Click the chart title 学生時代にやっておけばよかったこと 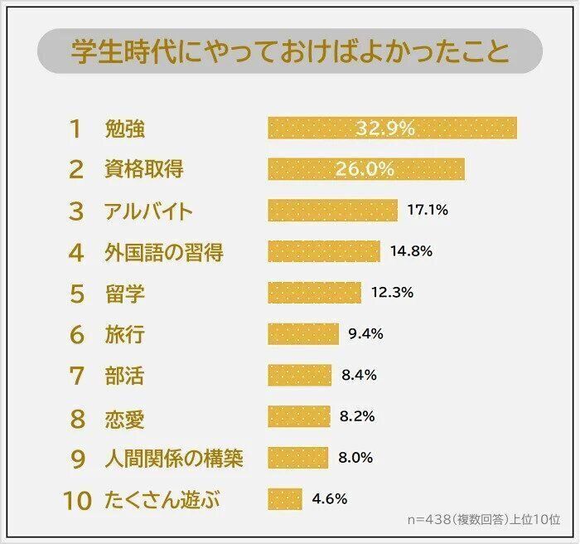[x=289, y=52]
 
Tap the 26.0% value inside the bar [x=365, y=169]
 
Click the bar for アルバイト [x=332, y=211]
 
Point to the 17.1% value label [x=428, y=211]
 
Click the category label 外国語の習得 [x=163, y=252]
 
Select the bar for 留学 [x=314, y=293]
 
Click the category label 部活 [x=124, y=376]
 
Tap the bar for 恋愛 [x=298, y=416]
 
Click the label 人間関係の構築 [x=174, y=458]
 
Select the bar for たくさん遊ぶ [x=284, y=499]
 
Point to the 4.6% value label [x=329, y=499]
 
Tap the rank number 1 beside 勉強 [x=76, y=129]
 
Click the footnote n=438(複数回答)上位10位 [x=483, y=520]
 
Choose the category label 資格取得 [x=144, y=169]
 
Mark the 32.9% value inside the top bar [x=384, y=128]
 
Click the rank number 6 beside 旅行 [x=76, y=335]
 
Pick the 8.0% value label [x=355, y=458]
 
